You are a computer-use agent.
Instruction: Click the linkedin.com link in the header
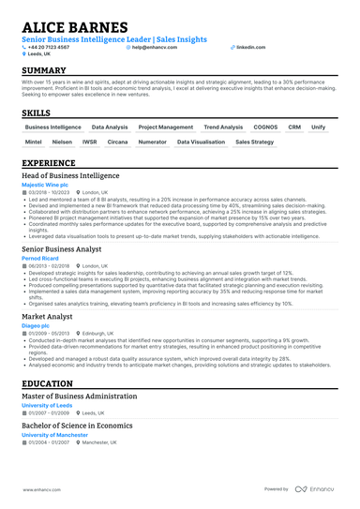[251, 46]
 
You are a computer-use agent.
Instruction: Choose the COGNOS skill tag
[265, 126]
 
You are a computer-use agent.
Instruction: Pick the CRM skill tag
[294, 126]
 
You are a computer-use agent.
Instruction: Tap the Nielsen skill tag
[62, 142]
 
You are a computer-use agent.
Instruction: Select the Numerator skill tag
[152, 142]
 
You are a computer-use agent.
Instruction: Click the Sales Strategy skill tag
[254, 142]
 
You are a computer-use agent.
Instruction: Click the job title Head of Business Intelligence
[70, 175]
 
